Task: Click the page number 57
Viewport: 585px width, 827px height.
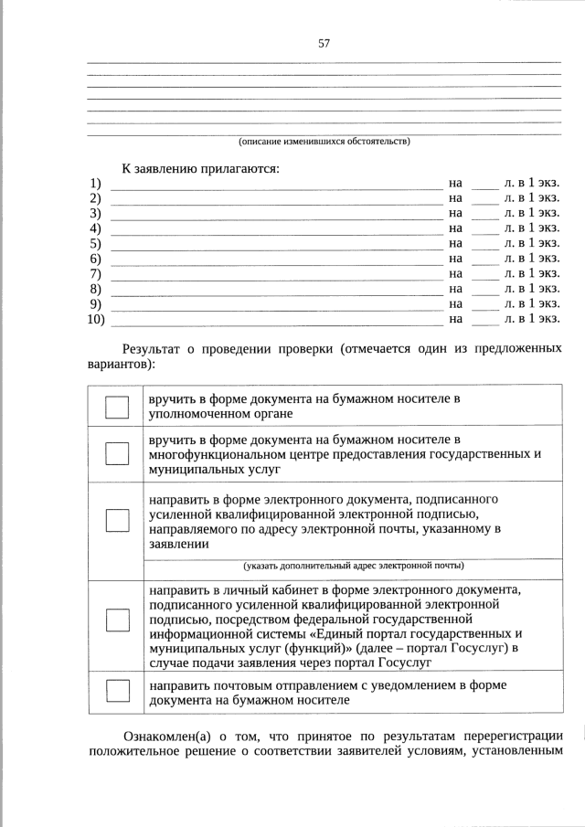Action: tap(324, 43)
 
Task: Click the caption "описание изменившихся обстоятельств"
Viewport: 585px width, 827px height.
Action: tap(324, 142)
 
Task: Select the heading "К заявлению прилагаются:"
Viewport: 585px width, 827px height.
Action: tap(201, 168)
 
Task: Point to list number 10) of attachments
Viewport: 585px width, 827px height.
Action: tap(97, 319)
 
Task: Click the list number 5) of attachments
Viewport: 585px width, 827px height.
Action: tap(95, 244)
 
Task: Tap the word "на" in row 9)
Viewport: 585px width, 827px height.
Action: tap(456, 303)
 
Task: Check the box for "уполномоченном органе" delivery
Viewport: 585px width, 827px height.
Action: tap(117, 407)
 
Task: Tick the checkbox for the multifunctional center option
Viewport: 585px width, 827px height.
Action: tap(117, 453)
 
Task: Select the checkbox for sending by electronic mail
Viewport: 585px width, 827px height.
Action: tap(117, 520)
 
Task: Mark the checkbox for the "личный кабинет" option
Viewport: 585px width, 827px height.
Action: tap(117, 620)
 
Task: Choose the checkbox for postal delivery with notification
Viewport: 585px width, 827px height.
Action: tap(117, 691)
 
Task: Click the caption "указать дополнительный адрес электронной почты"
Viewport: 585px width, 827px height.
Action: tap(353, 565)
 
